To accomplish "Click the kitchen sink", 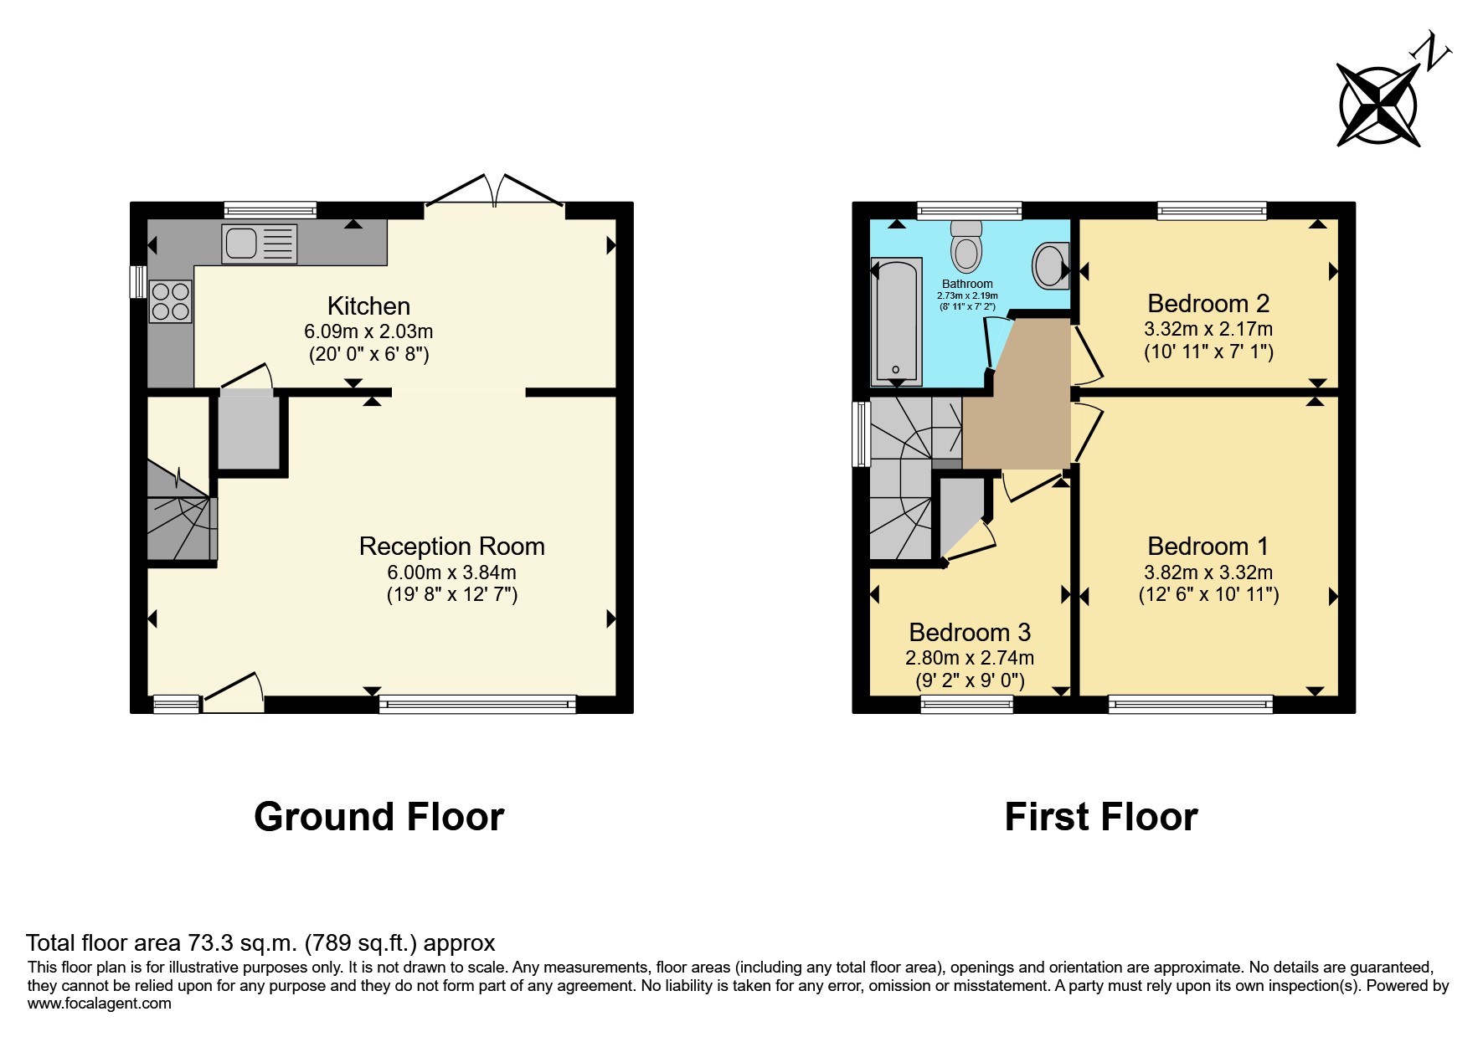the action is tap(259, 244).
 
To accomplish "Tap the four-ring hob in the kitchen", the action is tap(170, 301).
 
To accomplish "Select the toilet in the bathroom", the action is tap(967, 245).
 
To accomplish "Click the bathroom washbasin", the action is tap(1051, 265).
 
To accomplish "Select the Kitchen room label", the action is tap(368, 305).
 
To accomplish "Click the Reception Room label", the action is tap(452, 547).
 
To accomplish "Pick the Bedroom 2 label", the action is tap(1208, 303).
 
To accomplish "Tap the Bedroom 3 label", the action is tap(970, 632).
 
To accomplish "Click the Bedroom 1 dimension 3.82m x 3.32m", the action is tap(1208, 572).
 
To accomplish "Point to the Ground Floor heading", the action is tap(379, 817).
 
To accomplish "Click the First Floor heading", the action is tap(1101, 817).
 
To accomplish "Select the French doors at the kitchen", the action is tap(496, 191).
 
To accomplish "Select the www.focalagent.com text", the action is tap(100, 1004).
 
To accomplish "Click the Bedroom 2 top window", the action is tap(1212, 211).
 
